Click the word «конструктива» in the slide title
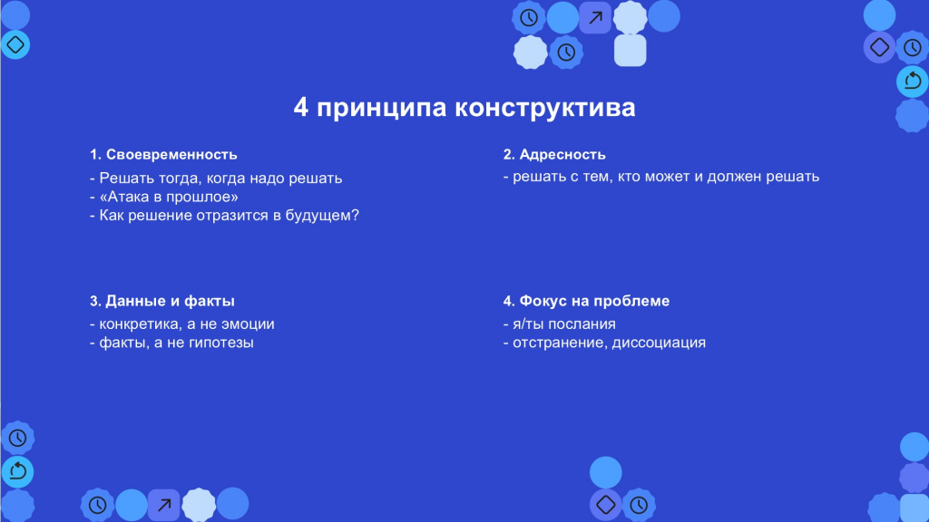point(545,108)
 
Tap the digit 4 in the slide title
point(301,108)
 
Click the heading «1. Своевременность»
point(163,154)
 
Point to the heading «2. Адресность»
point(554,154)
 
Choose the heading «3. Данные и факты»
point(162,301)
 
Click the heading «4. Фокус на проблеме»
point(587,301)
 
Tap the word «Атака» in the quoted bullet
point(126,197)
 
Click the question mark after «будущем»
point(356,215)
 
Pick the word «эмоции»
point(248,324)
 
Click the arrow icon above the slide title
point(595,18)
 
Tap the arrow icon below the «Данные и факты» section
point(164,505)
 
